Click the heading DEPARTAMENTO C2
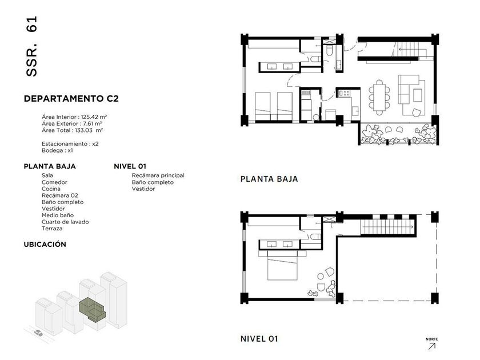pyautogui.click(x=71, y=98)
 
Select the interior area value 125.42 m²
pyautogui.click(x=94, y=117)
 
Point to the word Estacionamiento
pyautogui.click(x=65, y=144)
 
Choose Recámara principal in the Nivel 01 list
pyautogui.click(x=158, y=175)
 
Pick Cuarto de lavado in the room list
pyautogui.click(x=65, y=222)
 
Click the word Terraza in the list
pyautogui.click(x=52, y=229)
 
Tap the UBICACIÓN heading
pyautogui.click(x=45, y=245)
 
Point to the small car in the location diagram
pyautogui.click(x=38, y=333)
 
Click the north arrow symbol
pyautogui.click(x=431, y=346)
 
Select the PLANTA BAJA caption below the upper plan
pyautogui.click(x=269, y=179)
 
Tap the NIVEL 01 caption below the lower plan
pyautogui.click(x=259, y=339)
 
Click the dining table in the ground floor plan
pyautogui.click(x=379, y=97)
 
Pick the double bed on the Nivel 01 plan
pyautogui.click(x=282, y=265)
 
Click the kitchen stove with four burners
pyautogui.click(x=345, y=93)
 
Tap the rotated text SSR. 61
pyautogui.click(x=31, y=46)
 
